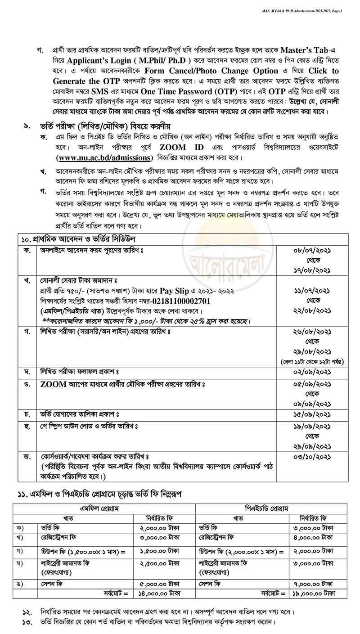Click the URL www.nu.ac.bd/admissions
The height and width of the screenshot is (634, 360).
tap(103, 157)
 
